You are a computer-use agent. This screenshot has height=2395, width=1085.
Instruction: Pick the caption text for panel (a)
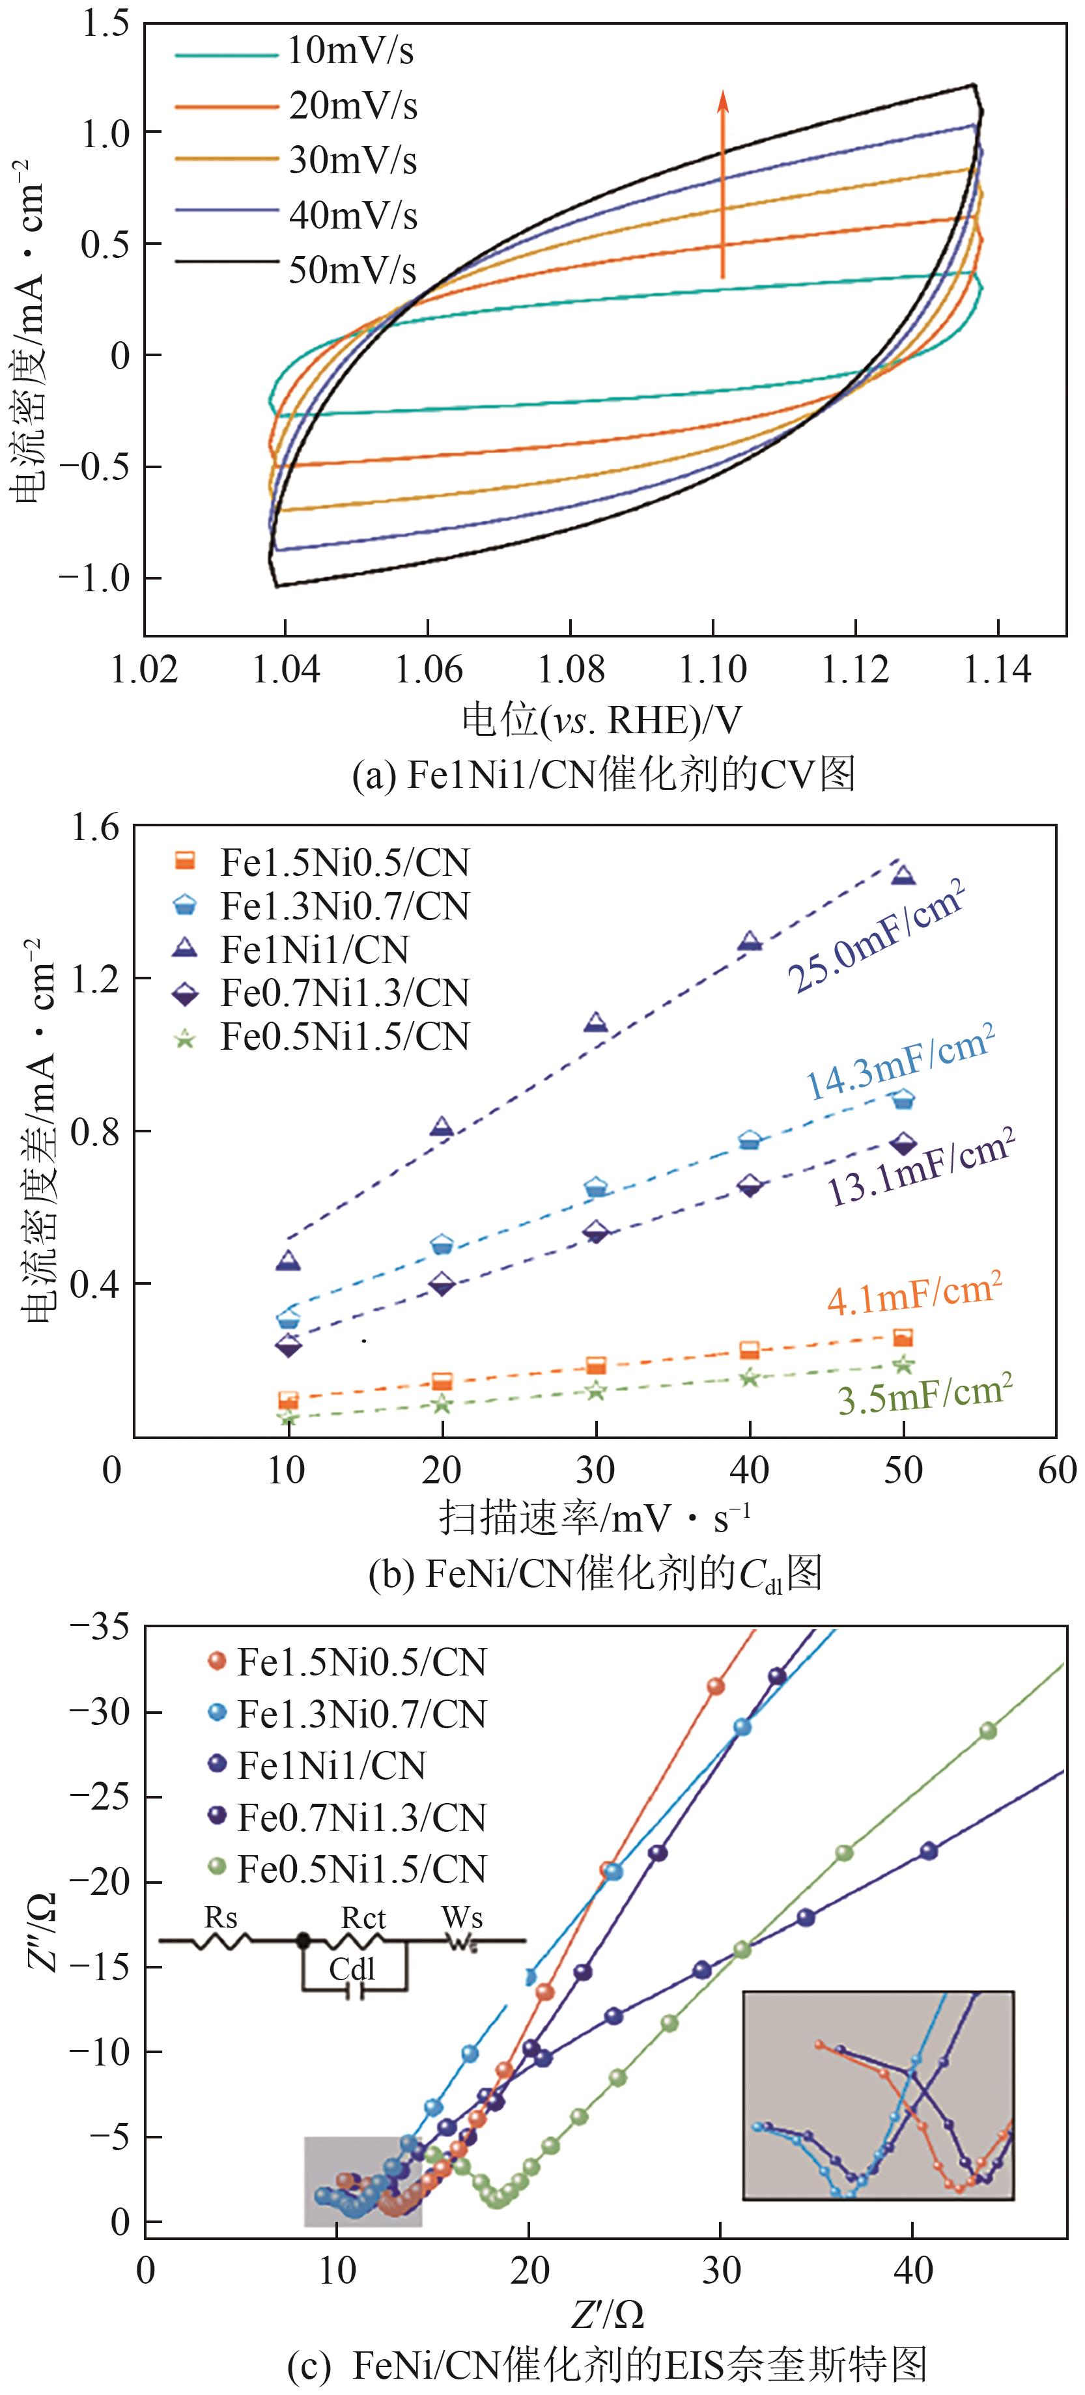pos(604,774)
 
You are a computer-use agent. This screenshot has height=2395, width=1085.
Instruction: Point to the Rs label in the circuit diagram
pos(221,1917)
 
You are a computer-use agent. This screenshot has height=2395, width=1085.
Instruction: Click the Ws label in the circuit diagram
pos(462,1917)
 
